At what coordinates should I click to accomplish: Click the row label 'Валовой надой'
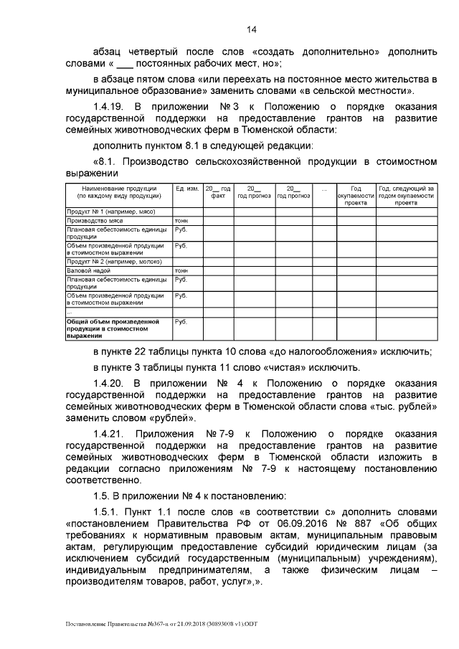88,270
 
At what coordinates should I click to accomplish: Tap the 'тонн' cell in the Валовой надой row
181,270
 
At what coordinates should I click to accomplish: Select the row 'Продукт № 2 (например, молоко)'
115,262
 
